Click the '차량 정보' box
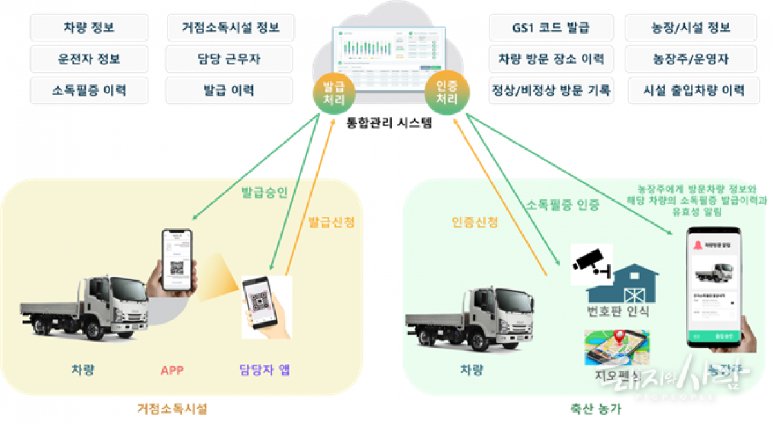[x=89, y=28]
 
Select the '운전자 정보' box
[x=89, y=59]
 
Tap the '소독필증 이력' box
[x=89, y=90]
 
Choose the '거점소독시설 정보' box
[x=231, y=28]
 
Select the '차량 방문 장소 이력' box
[x=551, y=59]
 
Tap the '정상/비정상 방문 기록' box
[x=551, y=90]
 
